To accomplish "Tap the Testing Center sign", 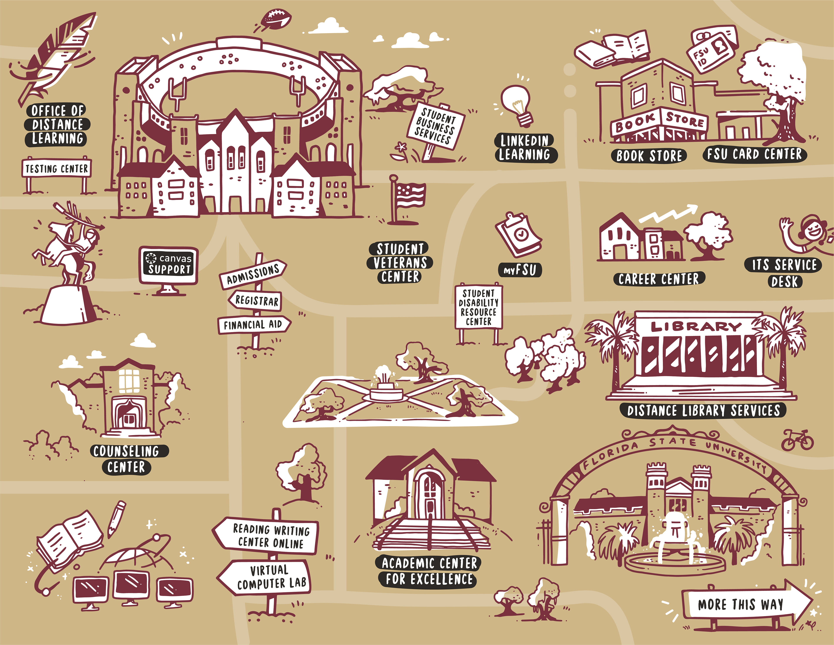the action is pos(56,168).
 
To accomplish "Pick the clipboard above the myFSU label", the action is pos(519,234).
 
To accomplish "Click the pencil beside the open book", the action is pos(116,517).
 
